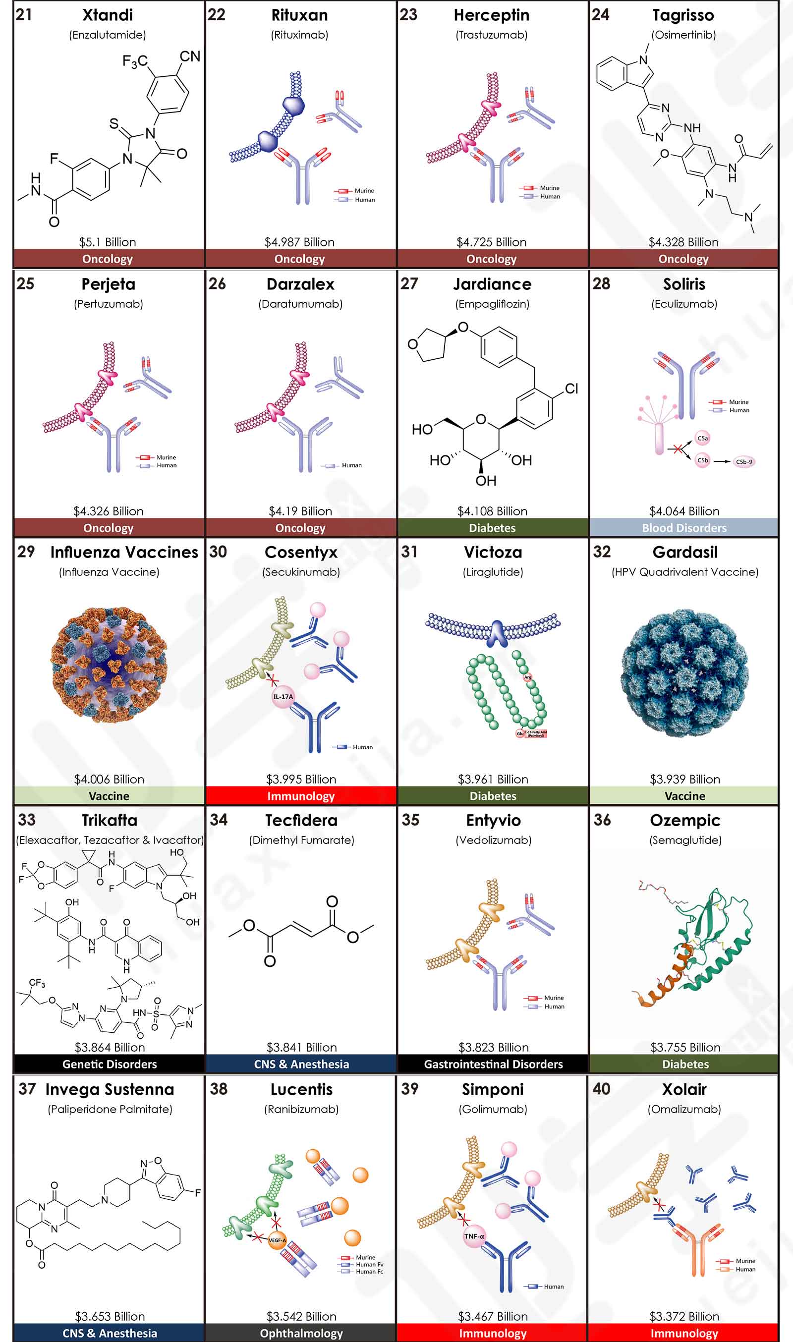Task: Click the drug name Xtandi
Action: coord(108,15)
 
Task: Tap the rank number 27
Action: coord(409,283)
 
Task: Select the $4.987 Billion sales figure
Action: coord(299,242)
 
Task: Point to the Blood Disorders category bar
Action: coord(684,528)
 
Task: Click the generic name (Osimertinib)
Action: coord(683,35)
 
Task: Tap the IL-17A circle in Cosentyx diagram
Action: coord(283,697)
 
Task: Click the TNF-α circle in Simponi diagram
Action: coord(474,1236)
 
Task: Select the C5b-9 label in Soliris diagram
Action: coord(744,461)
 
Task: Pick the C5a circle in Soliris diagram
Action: coord(703,438)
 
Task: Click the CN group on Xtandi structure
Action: coord(190,56)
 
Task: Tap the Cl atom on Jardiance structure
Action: coord(571,389)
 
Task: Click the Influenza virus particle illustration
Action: coord(109,665)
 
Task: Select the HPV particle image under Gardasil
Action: coord(684,673)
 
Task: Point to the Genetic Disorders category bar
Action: coord(110,1064)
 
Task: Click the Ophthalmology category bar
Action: coord(301,1333)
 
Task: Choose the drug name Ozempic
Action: coord(685,820)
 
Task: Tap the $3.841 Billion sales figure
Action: coord(301,1047)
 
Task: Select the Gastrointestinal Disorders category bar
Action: coord(493,1064)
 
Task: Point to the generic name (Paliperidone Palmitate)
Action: coord(110,1109)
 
